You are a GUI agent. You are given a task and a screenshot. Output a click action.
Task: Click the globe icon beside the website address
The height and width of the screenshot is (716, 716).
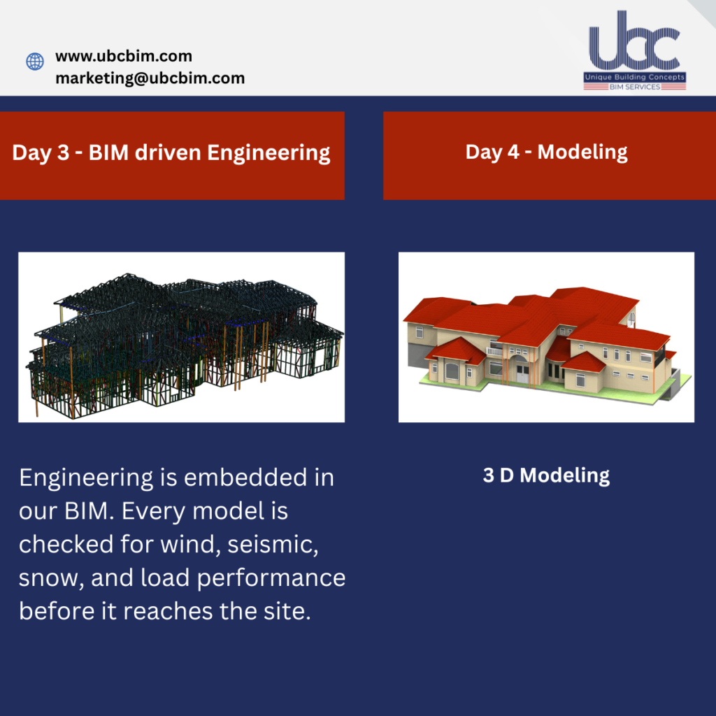pyautogui.click(x=35, y=62)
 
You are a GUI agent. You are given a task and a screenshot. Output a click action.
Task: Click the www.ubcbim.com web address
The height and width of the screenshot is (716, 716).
pyautogui.click(x=124, y=56)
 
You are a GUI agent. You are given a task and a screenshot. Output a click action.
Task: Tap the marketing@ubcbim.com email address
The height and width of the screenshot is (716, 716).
pyautogui.click(x=150, y=78)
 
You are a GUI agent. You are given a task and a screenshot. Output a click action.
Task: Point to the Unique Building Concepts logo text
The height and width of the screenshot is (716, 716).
pyautogui.click(x=635, y=77)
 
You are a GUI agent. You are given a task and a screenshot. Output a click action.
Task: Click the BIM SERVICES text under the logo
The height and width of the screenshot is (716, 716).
pyautogui.click(x=635, y=87)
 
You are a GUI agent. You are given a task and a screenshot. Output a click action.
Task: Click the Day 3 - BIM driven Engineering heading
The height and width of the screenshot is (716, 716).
pyautogui.click(x=171, y=152)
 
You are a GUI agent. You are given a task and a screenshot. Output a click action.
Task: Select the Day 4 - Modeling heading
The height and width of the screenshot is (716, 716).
pyautogui.click(x=546, y=152)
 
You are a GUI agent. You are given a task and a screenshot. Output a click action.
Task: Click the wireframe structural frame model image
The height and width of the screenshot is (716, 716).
pyautogui.click(x=181, y=337)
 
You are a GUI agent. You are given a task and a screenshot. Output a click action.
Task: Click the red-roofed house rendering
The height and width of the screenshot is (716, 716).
pyautogui.click(x=546, y=337)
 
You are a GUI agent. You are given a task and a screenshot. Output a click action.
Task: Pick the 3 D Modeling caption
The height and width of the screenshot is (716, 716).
pyautogui.click(x=546, y=475)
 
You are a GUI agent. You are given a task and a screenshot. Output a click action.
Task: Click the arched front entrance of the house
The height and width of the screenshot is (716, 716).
pyautogui.click(x=522, y=368)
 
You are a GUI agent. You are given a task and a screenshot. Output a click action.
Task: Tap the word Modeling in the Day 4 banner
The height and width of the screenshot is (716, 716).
pyautogui.click(x=582, y=152)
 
